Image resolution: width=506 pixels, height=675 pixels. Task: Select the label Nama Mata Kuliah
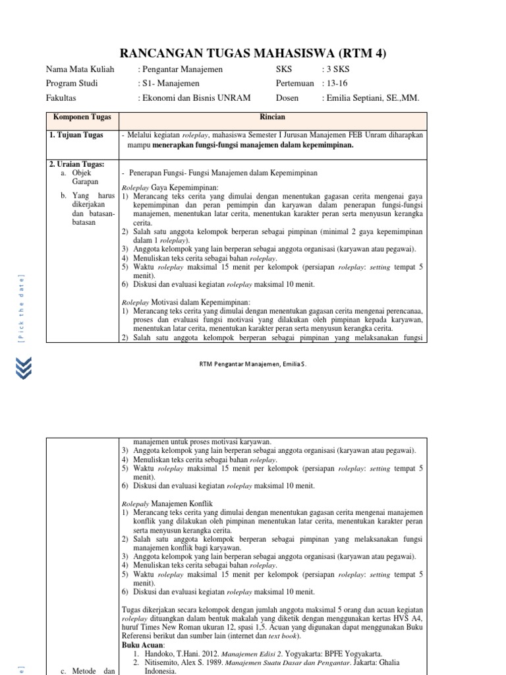(80, 69)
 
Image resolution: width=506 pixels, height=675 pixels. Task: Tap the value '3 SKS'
(337, 69)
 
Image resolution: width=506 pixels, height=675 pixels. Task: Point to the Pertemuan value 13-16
(334, 84)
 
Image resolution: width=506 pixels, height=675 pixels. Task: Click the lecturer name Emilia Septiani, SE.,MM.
(370, 98)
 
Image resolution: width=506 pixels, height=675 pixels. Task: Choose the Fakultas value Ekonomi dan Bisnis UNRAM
(194, 98)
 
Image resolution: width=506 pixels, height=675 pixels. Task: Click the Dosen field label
(287, 98)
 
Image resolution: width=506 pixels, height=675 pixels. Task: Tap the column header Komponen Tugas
(82, 117)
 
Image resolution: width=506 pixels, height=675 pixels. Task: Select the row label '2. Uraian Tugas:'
(77, 163)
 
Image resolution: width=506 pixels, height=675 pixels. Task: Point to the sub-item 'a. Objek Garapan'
(88, 177)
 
